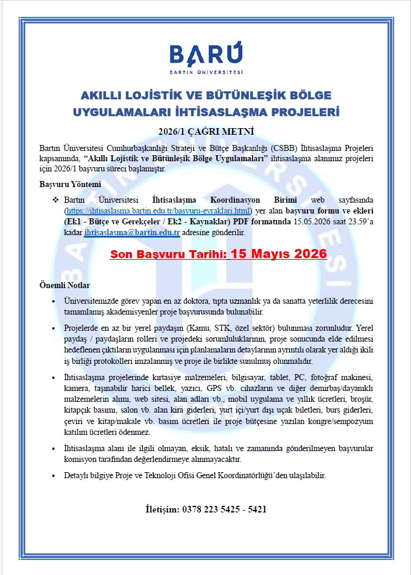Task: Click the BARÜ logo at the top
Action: (x=205, y=59)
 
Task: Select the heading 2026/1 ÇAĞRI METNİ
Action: (x=206, y=131)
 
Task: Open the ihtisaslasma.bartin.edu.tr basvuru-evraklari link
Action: (x=157, y=211)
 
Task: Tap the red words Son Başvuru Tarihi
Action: (x=165, y=254)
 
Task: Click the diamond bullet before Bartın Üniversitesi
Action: (x=55, y=200)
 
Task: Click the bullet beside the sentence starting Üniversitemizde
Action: (x=55, y=301)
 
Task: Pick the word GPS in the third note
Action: (x=214, y=388)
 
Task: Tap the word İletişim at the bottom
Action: (x=163, y=509)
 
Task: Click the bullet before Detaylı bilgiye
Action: (x=55, y=476)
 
